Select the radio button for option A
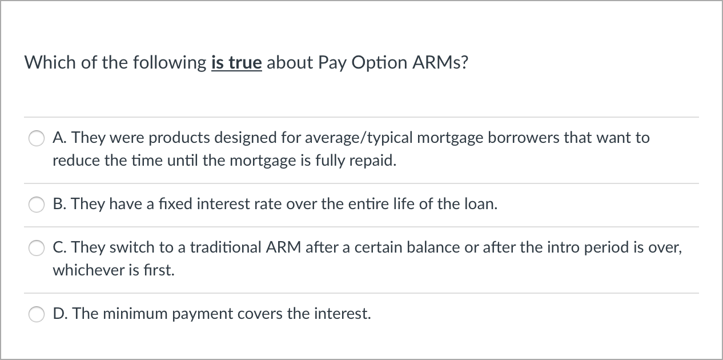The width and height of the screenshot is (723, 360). [37, 139]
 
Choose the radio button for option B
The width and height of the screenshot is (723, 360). [37, 205]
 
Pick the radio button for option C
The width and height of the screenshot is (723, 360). [37, 248]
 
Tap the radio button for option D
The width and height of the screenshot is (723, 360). [37, 314]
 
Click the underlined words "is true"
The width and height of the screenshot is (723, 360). [236, 62]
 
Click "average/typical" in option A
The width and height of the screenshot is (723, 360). [360, 138]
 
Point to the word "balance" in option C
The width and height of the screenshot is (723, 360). [423, 248]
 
